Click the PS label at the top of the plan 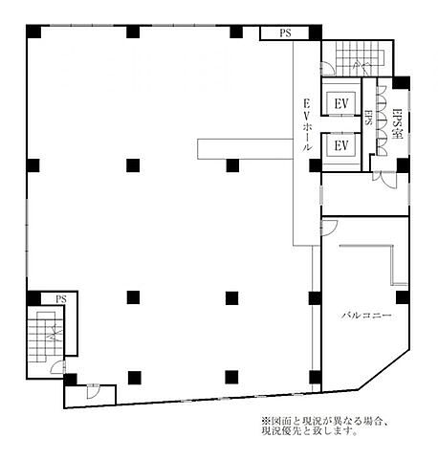285,33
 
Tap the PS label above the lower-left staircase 60,299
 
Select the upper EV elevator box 341,103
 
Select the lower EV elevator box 341,145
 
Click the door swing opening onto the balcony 329,227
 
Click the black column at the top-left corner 33,32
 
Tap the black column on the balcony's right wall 403,297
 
